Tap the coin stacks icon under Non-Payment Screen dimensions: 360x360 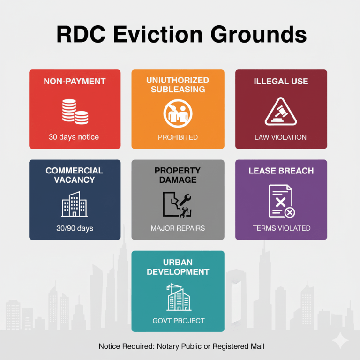(x=75, y=111)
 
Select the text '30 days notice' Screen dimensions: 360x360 (x=74, y=137)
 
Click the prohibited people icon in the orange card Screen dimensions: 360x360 (x=178, y=113)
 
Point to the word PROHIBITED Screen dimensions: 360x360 (x=178, y=137)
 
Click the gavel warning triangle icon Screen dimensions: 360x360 (x=280, y=112)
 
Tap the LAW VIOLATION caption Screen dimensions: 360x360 (x=280, y=137)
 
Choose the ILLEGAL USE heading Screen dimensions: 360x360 (x=281, y=82)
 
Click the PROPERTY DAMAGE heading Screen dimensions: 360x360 (x=178, y=175)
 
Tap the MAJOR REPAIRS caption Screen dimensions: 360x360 (x=178, y=228)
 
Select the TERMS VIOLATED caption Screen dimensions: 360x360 (x=281, y=228)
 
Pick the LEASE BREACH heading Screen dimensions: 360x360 (x=281, y=171)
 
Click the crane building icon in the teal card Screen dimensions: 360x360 (x=179, y=296)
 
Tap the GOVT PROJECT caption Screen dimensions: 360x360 (x=179, y=321)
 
